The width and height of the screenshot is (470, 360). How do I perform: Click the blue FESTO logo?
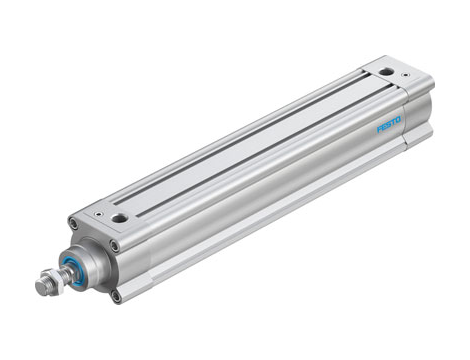[x=389, y=125]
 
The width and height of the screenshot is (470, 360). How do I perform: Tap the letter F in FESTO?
[x=379, y=130]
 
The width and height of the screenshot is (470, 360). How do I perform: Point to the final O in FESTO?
[x=399, y=120]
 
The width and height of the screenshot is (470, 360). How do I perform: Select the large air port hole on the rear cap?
[x=385, y=71]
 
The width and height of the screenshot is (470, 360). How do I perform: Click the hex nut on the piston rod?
[x=45, y=284]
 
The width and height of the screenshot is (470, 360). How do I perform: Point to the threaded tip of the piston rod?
[x=37, y=289]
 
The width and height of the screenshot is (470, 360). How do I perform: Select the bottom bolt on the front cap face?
[x=116, y=294]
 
